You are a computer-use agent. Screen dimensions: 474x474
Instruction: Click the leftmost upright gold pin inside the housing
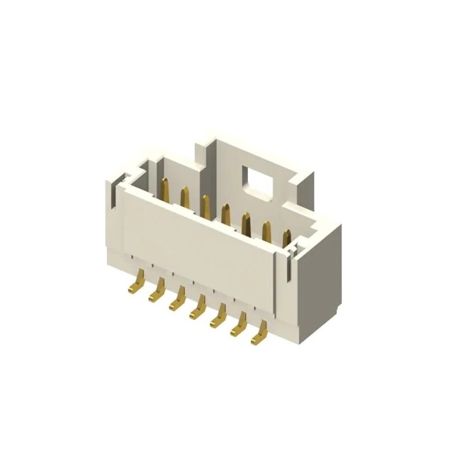coord(165,188)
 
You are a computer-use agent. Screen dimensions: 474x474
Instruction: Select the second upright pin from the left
coord(184,197)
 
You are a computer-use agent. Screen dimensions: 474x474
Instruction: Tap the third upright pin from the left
coord(205,205)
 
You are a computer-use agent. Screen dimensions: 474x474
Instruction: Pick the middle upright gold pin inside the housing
coord(225,213)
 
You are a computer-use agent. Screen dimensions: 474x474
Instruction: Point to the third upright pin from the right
coord(245,222)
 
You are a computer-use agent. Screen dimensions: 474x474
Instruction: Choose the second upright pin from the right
coord(266,230)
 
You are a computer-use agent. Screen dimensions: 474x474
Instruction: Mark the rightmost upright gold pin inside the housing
coord(287,238)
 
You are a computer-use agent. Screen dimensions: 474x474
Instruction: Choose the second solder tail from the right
coord(239,329)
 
